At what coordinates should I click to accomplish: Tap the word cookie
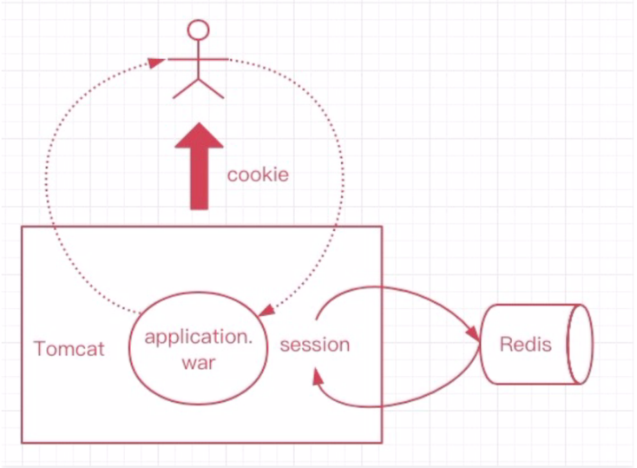[x=258, y=175]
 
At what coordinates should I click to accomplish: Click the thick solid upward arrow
[x=199, y=167]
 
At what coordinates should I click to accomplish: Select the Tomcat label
[x=69, y=349]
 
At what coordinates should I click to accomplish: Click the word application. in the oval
[x=198, y=339]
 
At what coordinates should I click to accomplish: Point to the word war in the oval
[x=198, y=363]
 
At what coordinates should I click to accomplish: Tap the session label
[x=315, y=345]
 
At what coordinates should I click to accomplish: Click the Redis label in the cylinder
[x=526, y=345]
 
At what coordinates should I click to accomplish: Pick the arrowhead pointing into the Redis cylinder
[x=473, y=333]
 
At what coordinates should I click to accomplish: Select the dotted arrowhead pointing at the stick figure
[x=156, y=63]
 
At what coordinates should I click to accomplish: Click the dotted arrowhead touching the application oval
[x=266, y=311]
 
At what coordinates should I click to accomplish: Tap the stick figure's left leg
[x=186, y=89]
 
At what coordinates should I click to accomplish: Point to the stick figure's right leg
[x=211, y=89]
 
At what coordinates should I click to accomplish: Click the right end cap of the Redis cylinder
[x=580, y=344]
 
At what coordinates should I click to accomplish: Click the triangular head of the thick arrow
[x=199, y=135]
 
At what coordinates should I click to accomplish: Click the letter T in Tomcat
[x=40, y=349]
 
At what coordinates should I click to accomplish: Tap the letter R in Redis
[x=506, y=345]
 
